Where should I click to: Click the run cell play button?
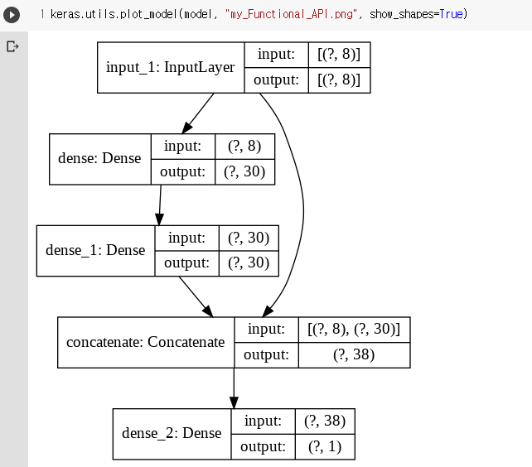point(12,15)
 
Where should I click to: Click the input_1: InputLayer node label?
point(171,66)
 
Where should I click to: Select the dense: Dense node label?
point(99,158)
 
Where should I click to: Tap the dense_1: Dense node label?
point(95,250)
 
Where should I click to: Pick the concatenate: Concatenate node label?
point(146,342)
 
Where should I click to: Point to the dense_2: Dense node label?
point(172,433)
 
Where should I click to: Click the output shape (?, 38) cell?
point(354,355)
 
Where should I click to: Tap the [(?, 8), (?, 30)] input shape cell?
point(354,330)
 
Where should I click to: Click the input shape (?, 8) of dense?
point(244,146)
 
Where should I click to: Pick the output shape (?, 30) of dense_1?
point(249,263)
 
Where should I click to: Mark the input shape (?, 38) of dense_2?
point(325,421)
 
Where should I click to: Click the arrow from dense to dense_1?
point(159,205)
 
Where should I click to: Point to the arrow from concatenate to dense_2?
point(234,388)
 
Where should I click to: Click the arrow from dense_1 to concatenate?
point(196,296)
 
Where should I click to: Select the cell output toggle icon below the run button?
point(12,46)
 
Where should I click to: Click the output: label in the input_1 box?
point(277,79)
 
